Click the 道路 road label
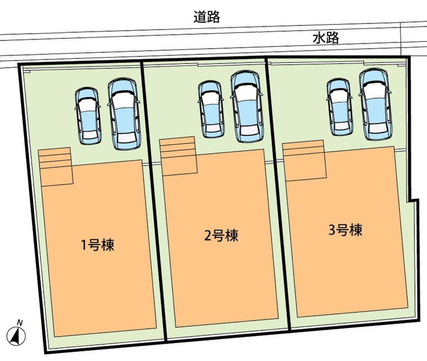coord(206,17)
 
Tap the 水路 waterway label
coord(326,38)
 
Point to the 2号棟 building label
coord(221,235)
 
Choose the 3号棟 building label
coord(345,230)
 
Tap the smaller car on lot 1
coord(88,116)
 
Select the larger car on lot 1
coord(123,114)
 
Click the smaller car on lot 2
coord(211,109)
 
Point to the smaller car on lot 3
coord(339,107)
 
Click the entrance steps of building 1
coord(56,166)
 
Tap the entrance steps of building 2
coord(178,156)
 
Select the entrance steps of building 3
coord(304,161)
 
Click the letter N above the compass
coord(19,322)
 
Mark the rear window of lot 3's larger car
coord(375,130)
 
